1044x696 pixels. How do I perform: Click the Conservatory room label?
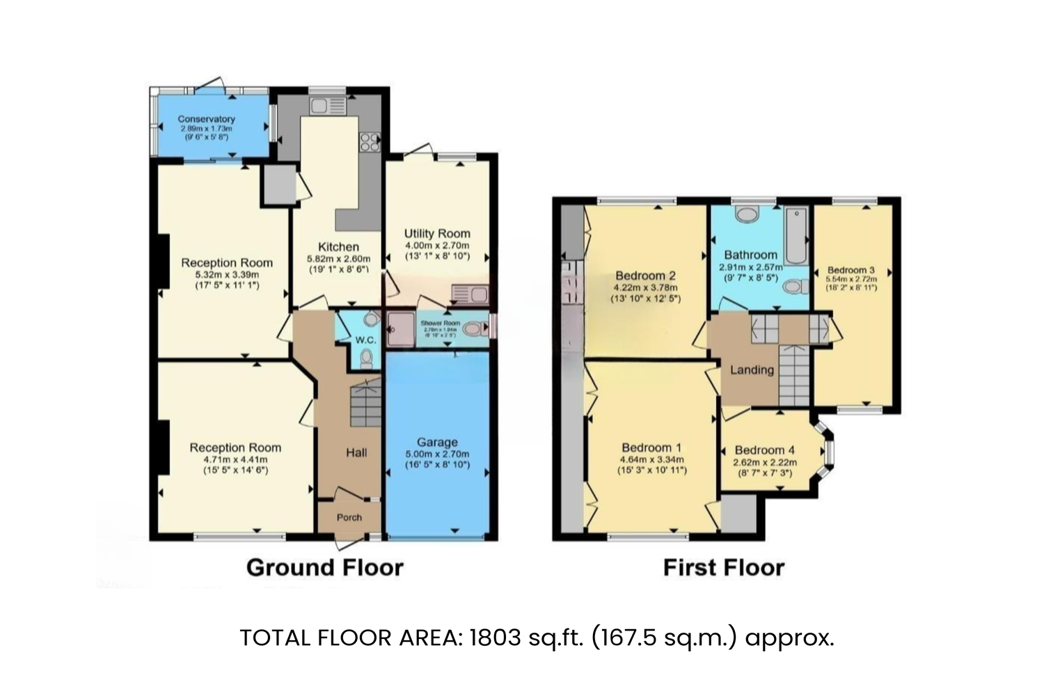click(x=206, y=119)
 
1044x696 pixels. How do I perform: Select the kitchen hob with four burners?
click(x=368, y=141)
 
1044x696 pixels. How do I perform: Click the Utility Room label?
click(x=437, y=233)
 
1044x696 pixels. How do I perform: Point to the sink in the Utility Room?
click(x=470, y=292)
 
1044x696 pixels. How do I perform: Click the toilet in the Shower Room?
click(x=474, y=329)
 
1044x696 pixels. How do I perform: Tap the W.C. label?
click(x=365, y=340)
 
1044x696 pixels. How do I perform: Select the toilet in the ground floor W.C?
click(x=367, y=358)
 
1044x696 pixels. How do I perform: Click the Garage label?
click(x=437, y=442)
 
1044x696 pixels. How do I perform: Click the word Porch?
click(x=349, y=517)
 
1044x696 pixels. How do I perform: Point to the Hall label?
click(x=356, y=452)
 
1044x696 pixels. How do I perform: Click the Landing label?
click(x=752, y=370)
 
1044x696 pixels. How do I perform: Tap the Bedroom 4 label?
click(x=764, y=450)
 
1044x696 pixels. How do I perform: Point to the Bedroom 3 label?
click(x=851, y=270)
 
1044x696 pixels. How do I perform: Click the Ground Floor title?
click(x=324, y=567)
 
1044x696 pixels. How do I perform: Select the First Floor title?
click(x=723, y=567)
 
